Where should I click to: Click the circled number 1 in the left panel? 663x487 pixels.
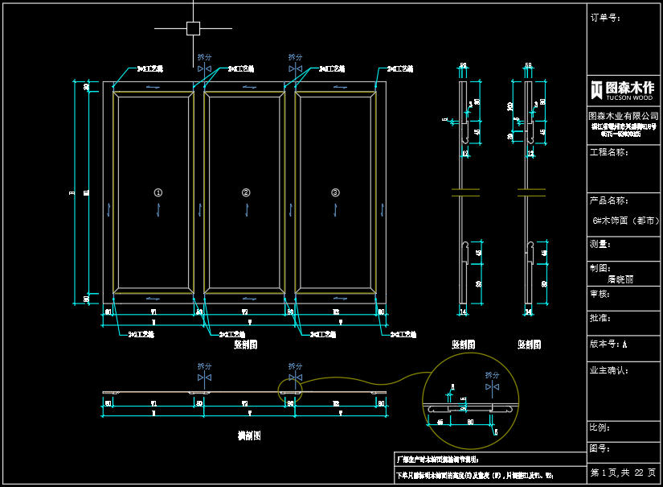coord(158,192)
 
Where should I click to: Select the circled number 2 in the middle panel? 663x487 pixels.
coord(246,192)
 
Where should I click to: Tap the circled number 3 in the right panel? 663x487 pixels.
coord(336,192)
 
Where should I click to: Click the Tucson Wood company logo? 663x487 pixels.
coord(623,89)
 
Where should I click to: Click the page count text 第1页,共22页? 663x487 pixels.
coord(623,473)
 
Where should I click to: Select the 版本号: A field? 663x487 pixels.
coord(608,344)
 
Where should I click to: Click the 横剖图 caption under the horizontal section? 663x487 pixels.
coord(248,436)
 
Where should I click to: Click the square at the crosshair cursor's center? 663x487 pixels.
coord(193,28)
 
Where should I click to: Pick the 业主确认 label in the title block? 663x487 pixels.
coord(608,371)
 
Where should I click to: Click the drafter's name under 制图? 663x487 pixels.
coord(620,279)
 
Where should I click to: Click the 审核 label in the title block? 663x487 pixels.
coord(600,294)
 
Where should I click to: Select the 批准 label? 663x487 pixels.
coord(600,319)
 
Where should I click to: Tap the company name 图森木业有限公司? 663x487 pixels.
coord(623,117)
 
